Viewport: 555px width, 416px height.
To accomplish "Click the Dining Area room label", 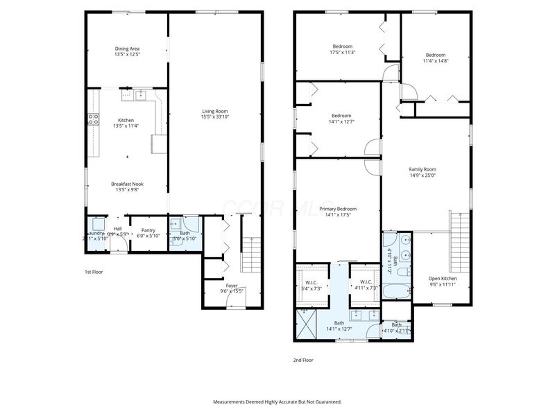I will [128, 49].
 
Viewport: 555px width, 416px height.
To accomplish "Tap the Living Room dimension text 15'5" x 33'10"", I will [214, 116].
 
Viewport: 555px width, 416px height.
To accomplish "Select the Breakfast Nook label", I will [128, 184].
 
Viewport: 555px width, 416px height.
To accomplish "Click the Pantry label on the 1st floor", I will [148, 230].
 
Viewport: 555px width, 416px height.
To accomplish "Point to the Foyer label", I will [232, 285].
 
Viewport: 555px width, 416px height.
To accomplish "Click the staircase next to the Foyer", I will [250, 253].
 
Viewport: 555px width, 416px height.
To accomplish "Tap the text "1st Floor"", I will [94, 272].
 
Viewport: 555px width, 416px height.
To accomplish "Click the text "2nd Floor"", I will [302, 360].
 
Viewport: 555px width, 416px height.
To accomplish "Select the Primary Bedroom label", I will [338, 209].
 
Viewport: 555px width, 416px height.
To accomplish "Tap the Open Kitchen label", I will [442, 279].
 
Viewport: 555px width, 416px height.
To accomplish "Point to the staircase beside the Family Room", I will [459, 235].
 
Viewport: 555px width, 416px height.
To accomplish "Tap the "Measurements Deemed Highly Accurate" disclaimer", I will [277, 401].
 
